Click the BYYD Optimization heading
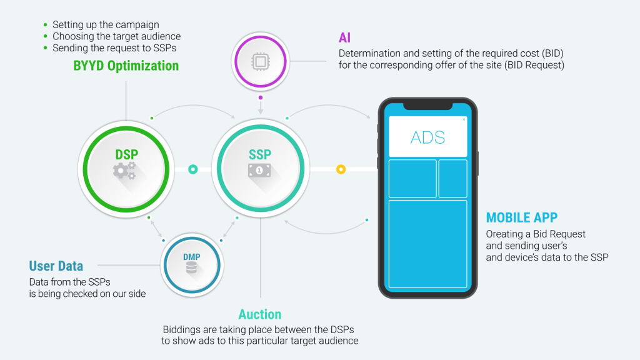tap(126, 66)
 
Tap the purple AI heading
tap(344, 38)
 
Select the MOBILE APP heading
tap(522, 217)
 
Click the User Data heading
tap(56, 266)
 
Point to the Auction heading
tap(259, 314)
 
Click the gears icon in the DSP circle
tap(124, 171)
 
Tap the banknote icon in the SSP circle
tap(259, 170)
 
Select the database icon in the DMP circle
tap(191, 267)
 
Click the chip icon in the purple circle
tap(261, 62)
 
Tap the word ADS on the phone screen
tap(427, 137)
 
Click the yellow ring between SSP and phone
tap(341, 169)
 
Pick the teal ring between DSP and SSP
tap(192, 169)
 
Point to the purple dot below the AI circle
tap(261, 97)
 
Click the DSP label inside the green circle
tap(126, 155)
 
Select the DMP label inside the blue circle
tap(191, 257)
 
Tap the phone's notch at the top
tap(427, 106)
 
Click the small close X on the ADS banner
tap(464, 119)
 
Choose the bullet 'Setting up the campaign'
tap(106, 25)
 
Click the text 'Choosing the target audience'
tap(117, 36)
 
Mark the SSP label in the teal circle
tap(260, 155)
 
